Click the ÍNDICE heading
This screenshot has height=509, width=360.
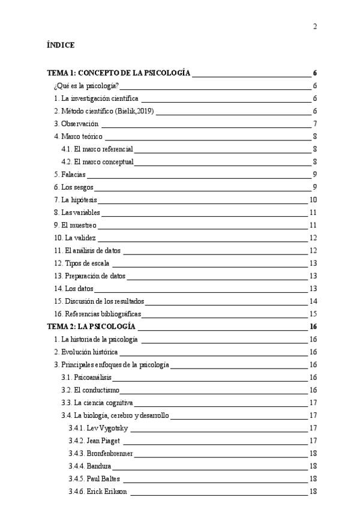click(60, 45)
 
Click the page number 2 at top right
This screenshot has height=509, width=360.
click(314, 26)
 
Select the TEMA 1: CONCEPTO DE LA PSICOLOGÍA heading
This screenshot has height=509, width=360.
click(119, 73)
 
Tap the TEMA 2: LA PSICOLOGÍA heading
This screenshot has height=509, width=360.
click(91, 327)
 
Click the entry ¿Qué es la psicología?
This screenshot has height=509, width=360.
click(86, 86)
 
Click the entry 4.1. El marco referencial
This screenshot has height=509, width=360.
click(97, 149)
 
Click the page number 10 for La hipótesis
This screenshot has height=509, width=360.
click(313, 200)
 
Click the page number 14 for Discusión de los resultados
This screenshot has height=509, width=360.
click(313, 301)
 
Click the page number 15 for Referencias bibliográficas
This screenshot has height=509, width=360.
click(313, 314)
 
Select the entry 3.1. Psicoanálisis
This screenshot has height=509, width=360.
click(86, 378)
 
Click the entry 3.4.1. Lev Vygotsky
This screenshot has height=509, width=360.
click(99, 428)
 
